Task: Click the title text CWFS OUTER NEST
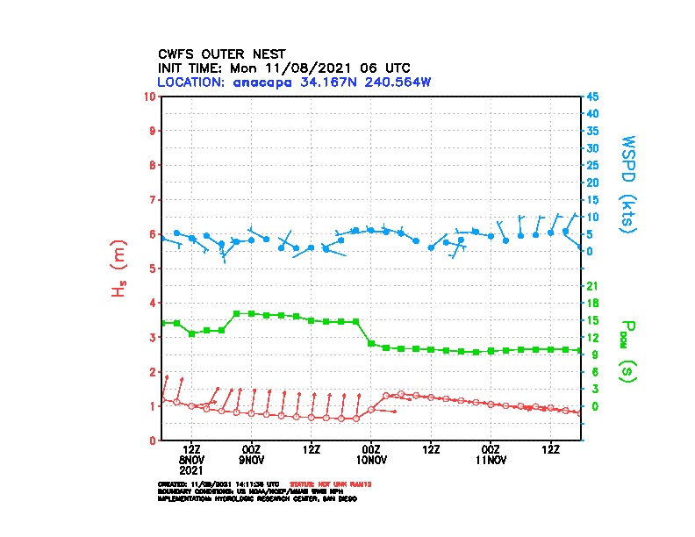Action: [x=221, y=54]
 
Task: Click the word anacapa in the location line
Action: [x=263, y=82]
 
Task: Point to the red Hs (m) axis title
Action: [x=118, y=269]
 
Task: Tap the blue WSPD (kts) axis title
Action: [x=628, y=183]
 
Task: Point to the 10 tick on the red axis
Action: [x=151, y=96]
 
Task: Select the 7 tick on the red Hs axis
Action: [x=154, y=199]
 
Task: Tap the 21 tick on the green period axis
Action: [x=592, y=286]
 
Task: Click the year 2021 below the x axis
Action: [x=191, y=469]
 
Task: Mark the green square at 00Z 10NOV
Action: [x=371, y=343]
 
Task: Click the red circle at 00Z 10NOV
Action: [x=371, y=409]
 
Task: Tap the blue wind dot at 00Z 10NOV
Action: [x=371, y=230]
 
